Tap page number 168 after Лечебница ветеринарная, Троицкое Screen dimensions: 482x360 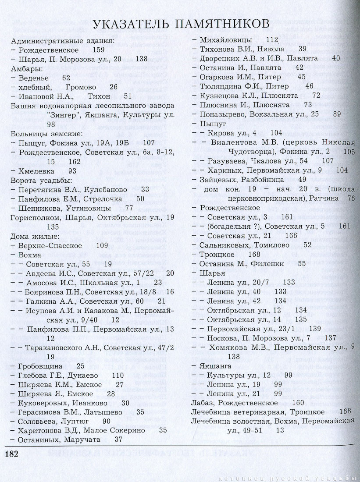coord(345,411)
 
